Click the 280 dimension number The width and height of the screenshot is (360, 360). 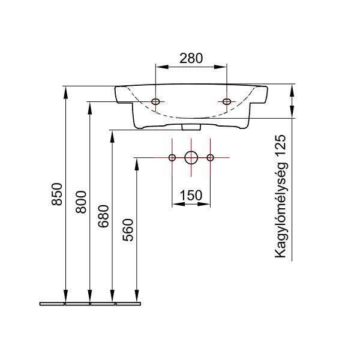pyautogui.click(x=191, y=58)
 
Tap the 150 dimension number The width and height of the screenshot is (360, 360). pyautogui.click(x=191, y=196)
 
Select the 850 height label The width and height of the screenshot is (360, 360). pyautogui.click(x=57, y=194)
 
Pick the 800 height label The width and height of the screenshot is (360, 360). pyautogui.click(x=81, y=202)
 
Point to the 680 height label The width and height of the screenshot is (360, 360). pyautogui.click(x=103, y=216)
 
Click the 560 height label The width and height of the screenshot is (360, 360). pyautogui.click(x=128, y=230)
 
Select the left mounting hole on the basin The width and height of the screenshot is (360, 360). pyautogui.click(x=155, y=101)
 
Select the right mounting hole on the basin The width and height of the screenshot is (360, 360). pyautogui.click(x=227, y=101)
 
